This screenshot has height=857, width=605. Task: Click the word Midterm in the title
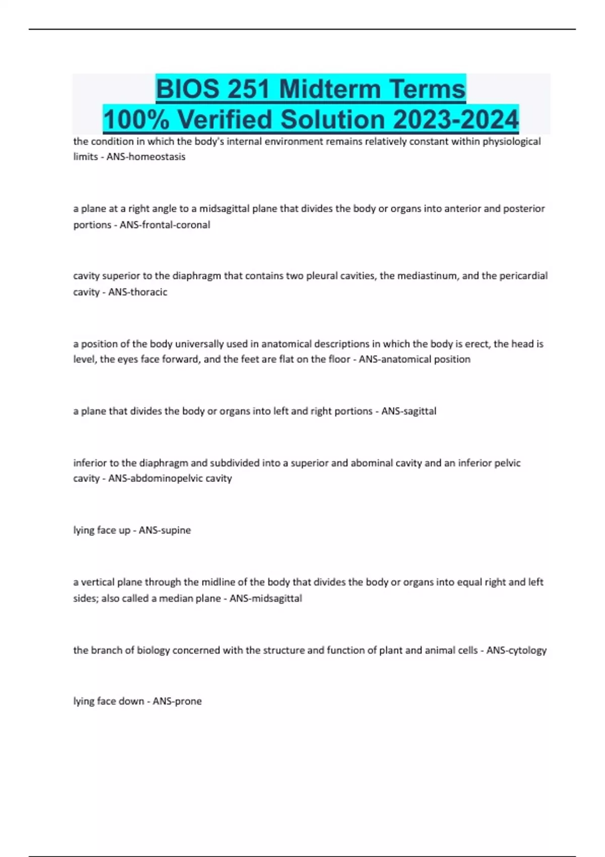point(329,89)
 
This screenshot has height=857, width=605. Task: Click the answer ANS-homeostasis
point(146,157)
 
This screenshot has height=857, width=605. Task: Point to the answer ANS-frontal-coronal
point(164,225)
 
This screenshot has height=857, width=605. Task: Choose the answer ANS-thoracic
point(138,292)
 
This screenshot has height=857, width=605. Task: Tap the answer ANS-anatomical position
point(414,359)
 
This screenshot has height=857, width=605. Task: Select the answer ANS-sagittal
point(408,411)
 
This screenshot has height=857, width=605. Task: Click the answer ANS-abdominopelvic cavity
point(170,478)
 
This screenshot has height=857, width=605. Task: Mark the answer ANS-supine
point(165,530)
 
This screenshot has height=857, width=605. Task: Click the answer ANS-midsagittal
point(266,598)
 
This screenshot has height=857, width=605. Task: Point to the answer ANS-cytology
point(516,650)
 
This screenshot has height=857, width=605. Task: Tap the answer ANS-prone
point(177,701)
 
